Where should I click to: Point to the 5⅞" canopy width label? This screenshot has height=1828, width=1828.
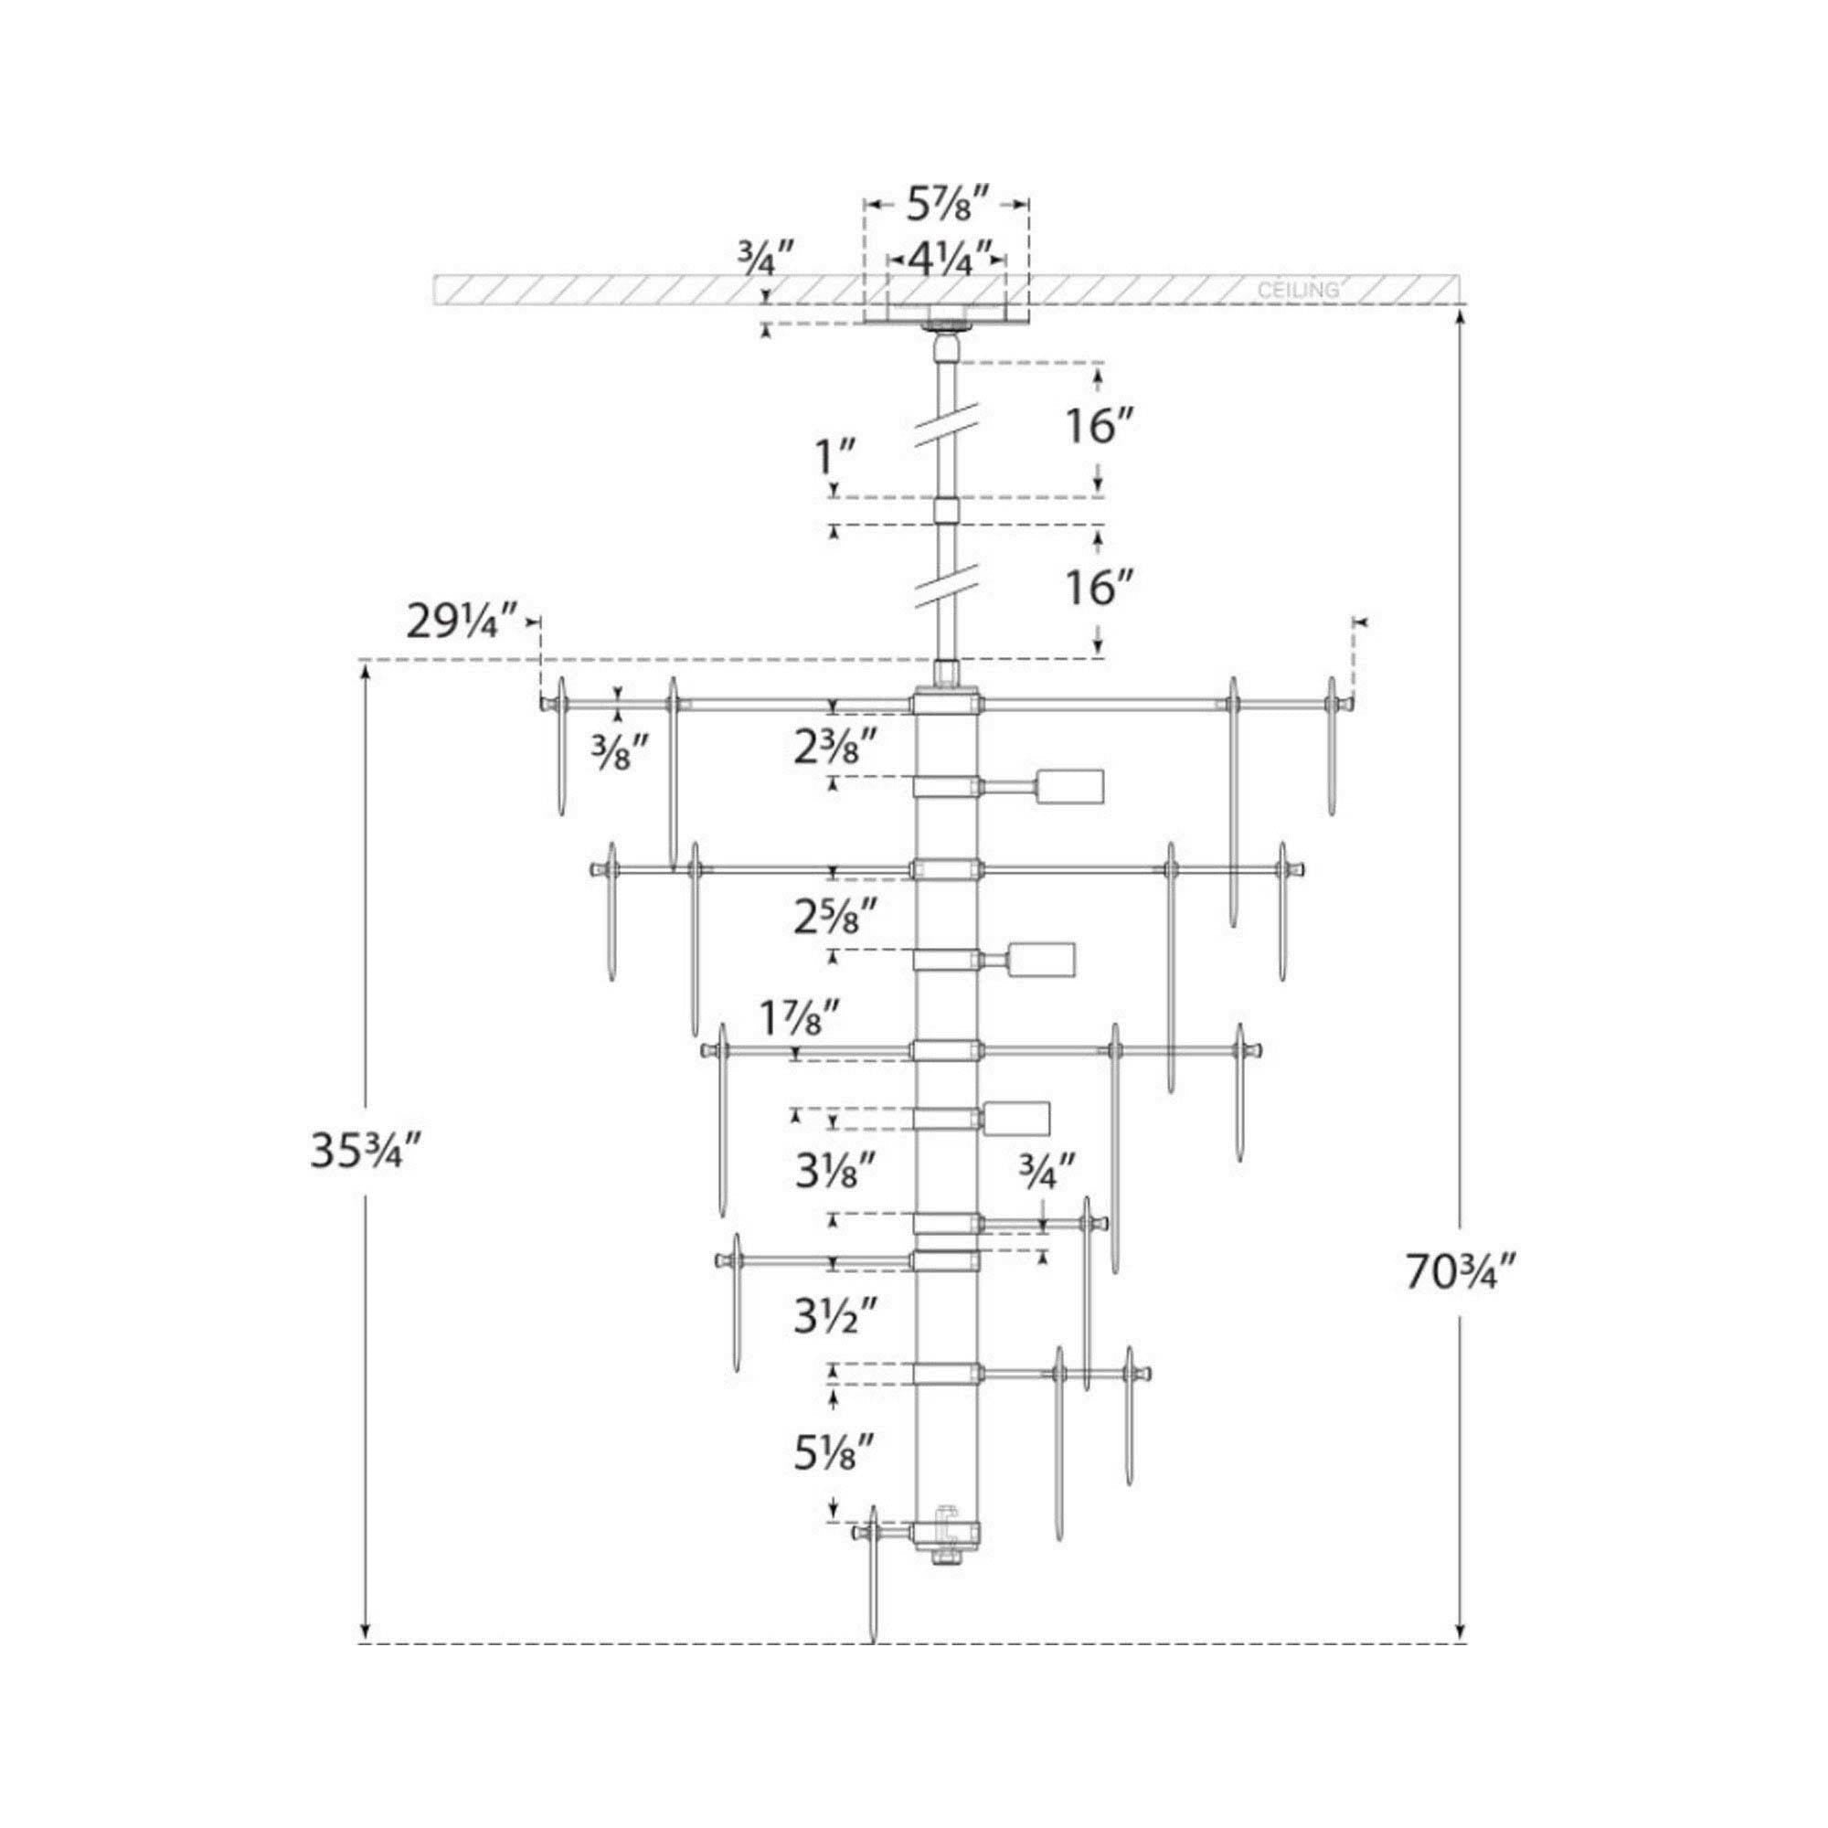point(947,205)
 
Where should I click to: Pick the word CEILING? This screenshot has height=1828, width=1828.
point(1298,291)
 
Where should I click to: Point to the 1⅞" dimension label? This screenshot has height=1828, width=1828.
point(800,1020)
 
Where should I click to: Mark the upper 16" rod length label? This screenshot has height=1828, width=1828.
point(1102,427)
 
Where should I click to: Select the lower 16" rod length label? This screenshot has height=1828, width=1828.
point(1102,588)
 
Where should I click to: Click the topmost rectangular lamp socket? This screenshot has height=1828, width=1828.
point(1071,786)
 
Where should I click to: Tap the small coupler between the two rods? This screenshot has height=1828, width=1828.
point(947,511)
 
